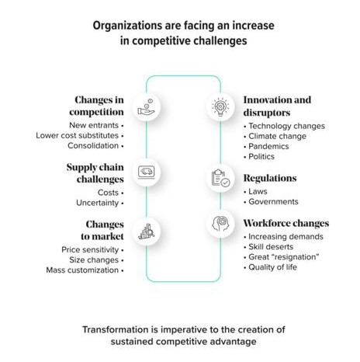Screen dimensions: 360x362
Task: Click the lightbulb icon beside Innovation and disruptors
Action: coord(220,106)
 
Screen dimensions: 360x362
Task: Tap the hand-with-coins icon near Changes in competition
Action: coord(146,107)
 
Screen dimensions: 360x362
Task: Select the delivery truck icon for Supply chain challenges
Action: coord(147,172)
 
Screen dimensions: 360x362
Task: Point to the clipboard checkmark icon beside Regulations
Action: coord(220,178)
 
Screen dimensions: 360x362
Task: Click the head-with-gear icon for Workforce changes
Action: coord(220,224)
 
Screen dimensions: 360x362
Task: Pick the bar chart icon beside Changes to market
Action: coord(147,231)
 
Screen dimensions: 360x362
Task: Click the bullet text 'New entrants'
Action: coord(94,125)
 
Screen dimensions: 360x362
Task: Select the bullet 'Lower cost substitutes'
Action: coord(77,135)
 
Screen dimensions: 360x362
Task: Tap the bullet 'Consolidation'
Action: coord(93,145)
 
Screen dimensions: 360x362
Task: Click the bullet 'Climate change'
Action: coord(277,136)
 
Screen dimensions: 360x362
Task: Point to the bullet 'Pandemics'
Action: coord(268,146)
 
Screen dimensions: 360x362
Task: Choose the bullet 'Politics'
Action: coord(261,156)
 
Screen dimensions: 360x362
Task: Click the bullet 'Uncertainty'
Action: coord(97,203)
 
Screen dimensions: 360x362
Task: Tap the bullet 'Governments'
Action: coord(273,201)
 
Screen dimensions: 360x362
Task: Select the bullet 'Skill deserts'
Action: coord(271,247)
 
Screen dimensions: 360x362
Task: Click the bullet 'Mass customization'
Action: coord(82,270)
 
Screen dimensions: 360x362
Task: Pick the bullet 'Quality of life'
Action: coord(272,267)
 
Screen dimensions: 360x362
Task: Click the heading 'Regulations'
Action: coord(270,179)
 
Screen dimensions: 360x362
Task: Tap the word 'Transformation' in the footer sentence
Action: coord(116,329)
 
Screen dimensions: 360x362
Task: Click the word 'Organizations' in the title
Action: coord(126,26)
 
